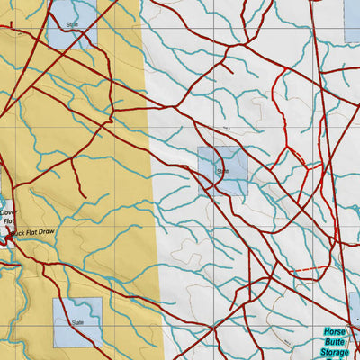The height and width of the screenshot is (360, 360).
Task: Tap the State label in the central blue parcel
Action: (x=222, y=170)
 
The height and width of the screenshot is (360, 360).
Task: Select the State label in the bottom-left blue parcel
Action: (x=77, y=321)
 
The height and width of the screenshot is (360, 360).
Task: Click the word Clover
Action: (x=8, y=212)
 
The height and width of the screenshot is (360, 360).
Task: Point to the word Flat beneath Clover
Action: (x=9, y=221)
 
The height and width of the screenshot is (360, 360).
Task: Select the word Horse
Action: (x=335, y=332)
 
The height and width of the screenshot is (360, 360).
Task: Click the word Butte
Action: (x=335, y=342)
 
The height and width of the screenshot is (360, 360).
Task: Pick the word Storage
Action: (x=335, y=353)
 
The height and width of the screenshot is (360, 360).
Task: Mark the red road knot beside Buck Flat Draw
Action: (x=11, y=237)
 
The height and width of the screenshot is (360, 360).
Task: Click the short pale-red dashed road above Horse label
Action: (x=306, y=270)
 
